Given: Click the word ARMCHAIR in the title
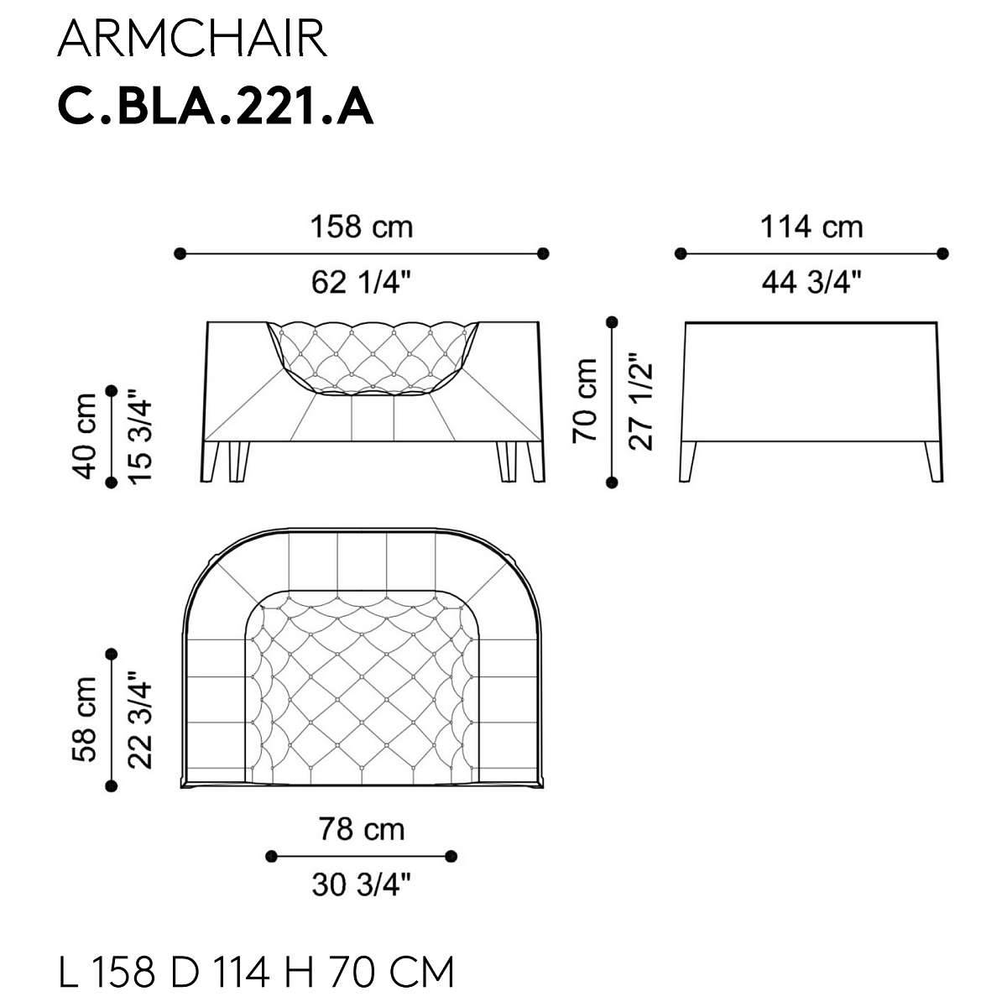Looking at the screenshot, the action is point(192,39).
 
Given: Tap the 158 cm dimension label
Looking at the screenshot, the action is point(362,227).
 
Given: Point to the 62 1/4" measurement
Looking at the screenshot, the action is point(362,283).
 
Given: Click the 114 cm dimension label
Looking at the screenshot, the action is point(811,227).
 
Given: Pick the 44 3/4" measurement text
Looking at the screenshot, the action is point(811,283).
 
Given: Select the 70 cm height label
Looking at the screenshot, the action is point(584,401).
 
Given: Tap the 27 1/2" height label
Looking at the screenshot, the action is point(640,401).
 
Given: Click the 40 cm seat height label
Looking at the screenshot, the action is point(85,436).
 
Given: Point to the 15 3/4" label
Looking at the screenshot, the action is point(140,436).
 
